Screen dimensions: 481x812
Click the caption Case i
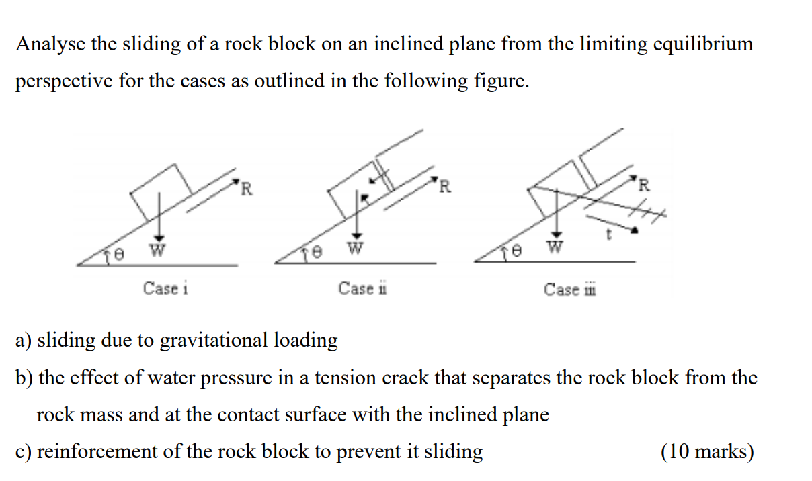165,289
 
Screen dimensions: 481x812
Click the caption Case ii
362,289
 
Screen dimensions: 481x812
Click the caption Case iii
570,290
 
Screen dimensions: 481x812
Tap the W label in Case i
157,251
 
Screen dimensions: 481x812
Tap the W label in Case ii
356,249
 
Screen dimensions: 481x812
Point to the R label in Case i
247,189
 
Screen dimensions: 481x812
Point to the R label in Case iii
644,185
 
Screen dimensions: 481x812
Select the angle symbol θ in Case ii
318,253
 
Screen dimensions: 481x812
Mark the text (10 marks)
707,451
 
